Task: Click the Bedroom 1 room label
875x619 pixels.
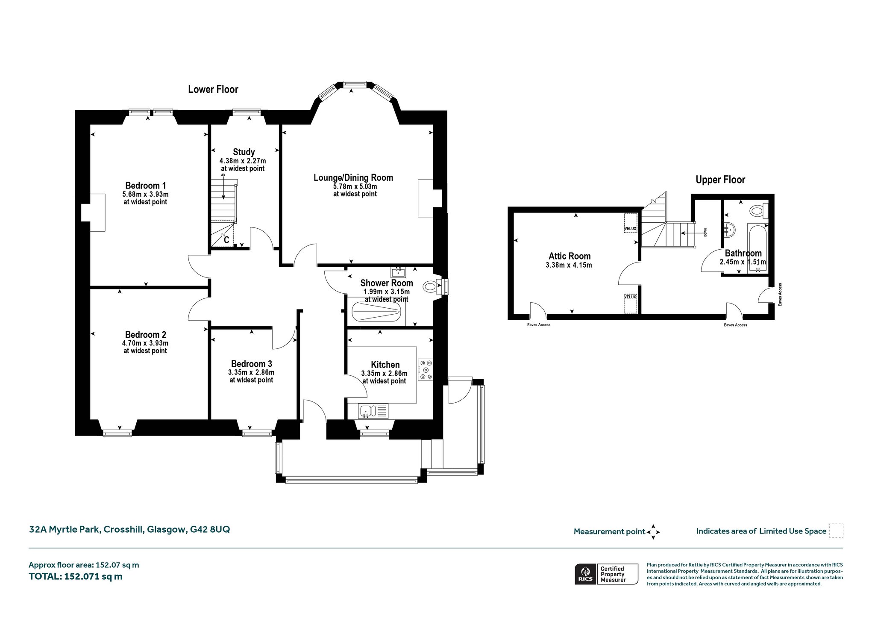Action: (145, 186)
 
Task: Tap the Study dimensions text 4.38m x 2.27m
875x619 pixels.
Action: (243, 161)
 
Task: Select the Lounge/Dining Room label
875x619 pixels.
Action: (353, 177)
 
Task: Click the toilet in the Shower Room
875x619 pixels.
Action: (431, 287)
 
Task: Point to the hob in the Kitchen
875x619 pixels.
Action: (426, 370)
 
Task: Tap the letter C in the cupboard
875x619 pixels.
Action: (226, 240)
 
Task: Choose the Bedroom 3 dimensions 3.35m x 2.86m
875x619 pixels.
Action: (251, 372)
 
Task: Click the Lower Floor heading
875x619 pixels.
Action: (213, 89)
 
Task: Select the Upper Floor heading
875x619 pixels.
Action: (720, 180)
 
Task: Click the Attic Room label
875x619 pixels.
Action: (570, 256)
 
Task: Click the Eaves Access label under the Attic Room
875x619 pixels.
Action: (539, 325)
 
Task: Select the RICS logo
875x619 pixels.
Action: (585, 574)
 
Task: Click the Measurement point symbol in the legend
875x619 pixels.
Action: (653, 532)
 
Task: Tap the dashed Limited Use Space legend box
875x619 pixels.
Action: (836, 531)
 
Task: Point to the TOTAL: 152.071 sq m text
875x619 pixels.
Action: (76, 576)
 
